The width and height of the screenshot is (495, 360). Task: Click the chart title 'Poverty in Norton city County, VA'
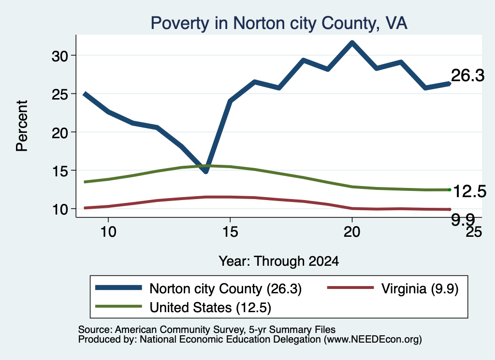(x=279, y=23)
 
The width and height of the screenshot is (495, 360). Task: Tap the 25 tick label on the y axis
(x=59, y=94)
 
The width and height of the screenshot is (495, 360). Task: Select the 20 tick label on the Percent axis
(x=59, y=133)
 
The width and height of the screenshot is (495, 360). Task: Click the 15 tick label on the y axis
(x=59, y=172)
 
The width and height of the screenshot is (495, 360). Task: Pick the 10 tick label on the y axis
(x=59, y=210)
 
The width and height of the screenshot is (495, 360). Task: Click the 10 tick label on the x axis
(x=108, y=232)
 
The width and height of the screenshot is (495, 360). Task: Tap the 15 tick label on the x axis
(x=230, y=232)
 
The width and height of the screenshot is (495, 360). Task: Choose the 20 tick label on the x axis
(x=352, y=232)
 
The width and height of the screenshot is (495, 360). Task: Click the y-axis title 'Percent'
(x=22, y=126)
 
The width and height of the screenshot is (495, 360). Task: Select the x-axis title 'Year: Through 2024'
(x=279, y=261)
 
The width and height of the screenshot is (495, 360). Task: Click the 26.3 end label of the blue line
(x=467, y=76)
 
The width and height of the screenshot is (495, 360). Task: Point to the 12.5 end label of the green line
(x=470, y=191)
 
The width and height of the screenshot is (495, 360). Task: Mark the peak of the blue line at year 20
(x=352, y=43)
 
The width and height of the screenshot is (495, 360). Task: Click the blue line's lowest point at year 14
(x=206, y=172)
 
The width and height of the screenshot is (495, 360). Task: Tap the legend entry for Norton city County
(x=199, y=288)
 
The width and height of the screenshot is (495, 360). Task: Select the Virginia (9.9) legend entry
(x=393, y=288)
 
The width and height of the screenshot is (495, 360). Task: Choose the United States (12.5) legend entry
(x=183, y=307)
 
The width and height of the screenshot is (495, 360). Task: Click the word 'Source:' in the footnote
(x=95, y=330)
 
